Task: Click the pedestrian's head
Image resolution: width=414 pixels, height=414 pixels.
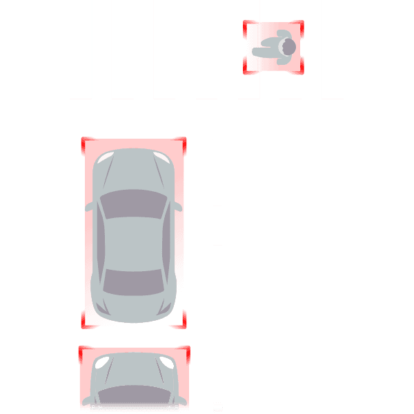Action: pyautogui.click(x=287, y=46)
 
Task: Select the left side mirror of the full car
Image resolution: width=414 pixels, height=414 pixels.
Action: pyautogui.click(x=90, y=206)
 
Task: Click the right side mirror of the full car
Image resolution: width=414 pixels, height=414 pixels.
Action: pyautogui.click(x=178, y=206)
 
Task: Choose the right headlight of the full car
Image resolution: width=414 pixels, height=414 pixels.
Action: pyautogui.click(x=164, y=160)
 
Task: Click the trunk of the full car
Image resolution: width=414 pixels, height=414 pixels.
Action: pyautogui.click(x=134, y=307)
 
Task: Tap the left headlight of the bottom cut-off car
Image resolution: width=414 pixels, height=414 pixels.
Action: pyautogui.click(x=101, y=362)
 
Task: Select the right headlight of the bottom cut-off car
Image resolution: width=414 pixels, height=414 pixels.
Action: pyautogui.click(x=166, y=362)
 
